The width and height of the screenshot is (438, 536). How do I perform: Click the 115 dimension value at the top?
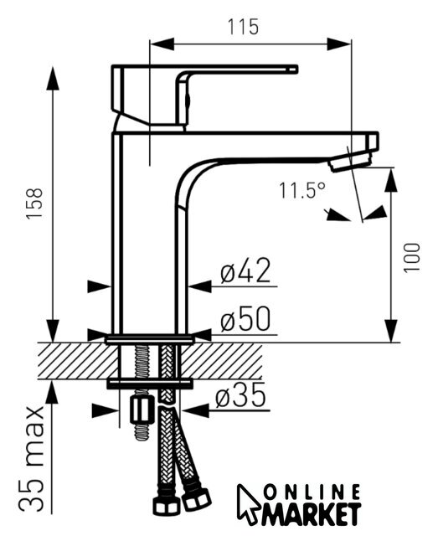(243, 27)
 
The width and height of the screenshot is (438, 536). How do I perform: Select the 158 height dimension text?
(34, 203)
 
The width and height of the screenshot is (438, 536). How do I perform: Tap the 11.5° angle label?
(301, 190)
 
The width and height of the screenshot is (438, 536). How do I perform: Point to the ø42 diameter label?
(245, 271)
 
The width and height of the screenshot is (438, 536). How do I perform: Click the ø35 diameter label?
(240, 394)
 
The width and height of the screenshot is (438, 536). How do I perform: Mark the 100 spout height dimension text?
(412, 258)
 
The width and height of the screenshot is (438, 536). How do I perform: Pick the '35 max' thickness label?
(32, 459)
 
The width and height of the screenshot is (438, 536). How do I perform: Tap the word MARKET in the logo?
(312, 513)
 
